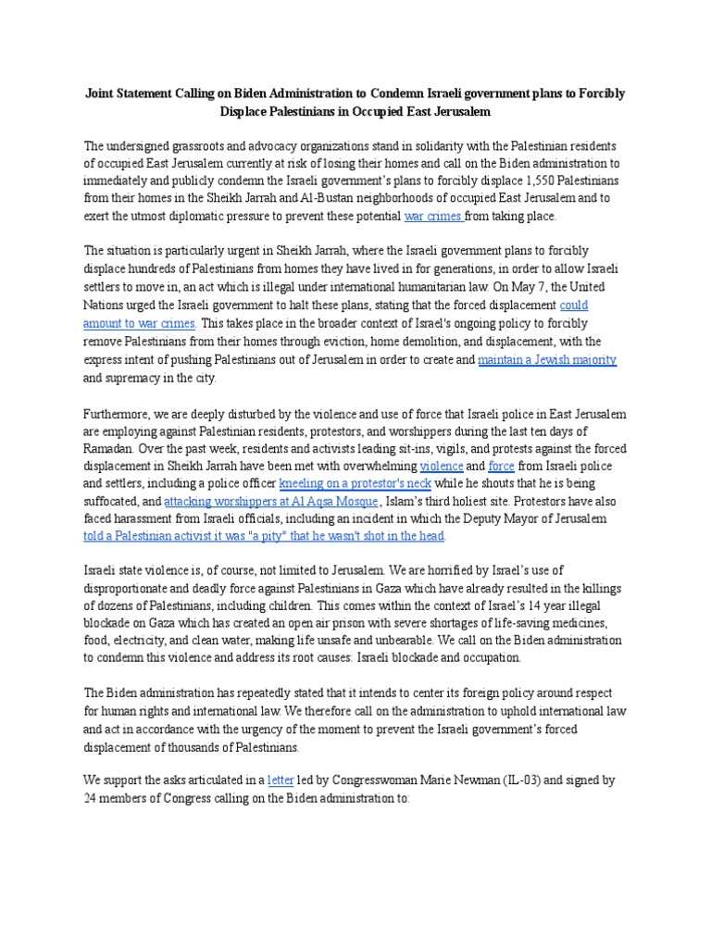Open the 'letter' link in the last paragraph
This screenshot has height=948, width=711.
(280, 780)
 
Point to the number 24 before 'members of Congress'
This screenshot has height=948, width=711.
(92, 798)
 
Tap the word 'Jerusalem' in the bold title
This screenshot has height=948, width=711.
(449, 111)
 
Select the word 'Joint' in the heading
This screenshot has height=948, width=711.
(101, 94)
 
